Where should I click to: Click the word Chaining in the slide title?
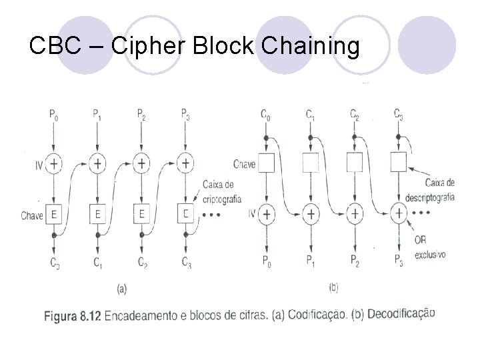click(x=311, y=47)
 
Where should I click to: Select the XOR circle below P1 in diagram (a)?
click(x=97, y=163)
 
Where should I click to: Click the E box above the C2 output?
click(x=141, y=214)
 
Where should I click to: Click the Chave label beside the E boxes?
click(x=32, y=215)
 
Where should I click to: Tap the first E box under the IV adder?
click(x=54, y=214)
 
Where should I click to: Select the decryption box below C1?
click(x=311, y=162)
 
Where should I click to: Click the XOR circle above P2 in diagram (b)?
click(x=355, y=213)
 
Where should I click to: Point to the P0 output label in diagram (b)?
click(x=267, y=260)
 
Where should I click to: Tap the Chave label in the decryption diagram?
click(x=245, y=163)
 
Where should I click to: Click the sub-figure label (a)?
click(x=122, y=289)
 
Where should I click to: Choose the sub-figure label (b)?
click(x=334, y=289)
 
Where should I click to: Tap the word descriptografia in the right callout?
click(x=430, y=197)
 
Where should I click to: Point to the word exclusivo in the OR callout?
click(x=430, y=255)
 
